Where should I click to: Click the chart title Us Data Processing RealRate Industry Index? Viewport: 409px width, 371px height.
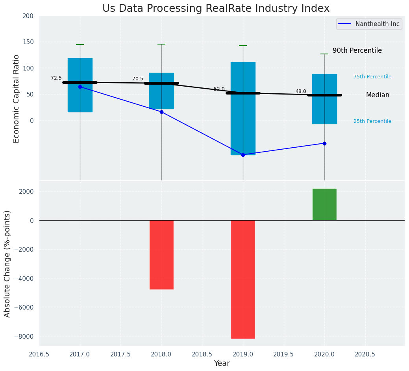coord(216,9)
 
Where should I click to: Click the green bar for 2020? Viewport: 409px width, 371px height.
coord(324,204)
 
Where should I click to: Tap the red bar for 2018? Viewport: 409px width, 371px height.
coord(161,254)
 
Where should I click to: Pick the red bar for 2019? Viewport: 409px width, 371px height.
coord(243,279)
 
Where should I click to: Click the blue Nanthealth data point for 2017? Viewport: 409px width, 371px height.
coord(80,87)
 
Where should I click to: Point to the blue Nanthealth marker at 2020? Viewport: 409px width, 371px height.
coord(324,143)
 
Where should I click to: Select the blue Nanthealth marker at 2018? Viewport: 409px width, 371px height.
coord(161,112)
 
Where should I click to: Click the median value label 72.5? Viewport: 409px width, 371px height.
coord(56,78)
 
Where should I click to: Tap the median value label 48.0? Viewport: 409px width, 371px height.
coord(301,91)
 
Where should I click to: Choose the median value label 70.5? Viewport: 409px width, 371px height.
coord(138,79)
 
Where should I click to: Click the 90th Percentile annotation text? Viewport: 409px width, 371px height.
coord(357,50)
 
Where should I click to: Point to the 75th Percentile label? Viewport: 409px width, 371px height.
coord(372,77)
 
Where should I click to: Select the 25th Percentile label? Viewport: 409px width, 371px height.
coord(372,121)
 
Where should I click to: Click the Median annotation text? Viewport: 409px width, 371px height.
coord(378,95)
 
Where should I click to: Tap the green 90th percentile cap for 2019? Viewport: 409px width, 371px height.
coord(243,46)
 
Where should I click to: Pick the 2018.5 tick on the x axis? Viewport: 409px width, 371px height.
coord(202,354)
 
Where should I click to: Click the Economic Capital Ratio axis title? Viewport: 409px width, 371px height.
coord(17,98)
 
